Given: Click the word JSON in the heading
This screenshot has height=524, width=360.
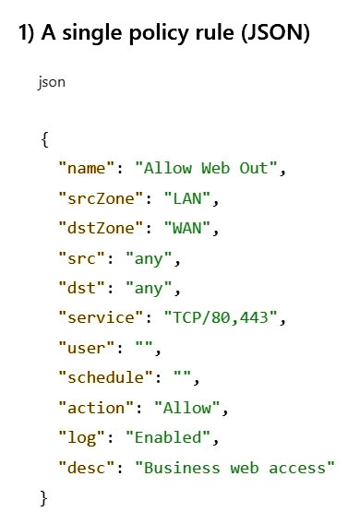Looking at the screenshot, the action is coord(275,33).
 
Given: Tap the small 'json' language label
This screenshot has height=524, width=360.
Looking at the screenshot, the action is coord(52,82).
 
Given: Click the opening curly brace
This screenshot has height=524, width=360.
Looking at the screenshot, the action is coord(45,139).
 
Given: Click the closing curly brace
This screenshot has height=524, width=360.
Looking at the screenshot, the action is coord(43,498).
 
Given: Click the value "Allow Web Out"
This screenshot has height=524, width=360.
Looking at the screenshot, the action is coord(206,168).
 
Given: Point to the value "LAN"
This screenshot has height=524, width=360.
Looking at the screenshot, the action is coord(187,198).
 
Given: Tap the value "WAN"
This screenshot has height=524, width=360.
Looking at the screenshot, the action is coord(187,228).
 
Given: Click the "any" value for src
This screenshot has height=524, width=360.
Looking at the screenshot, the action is coord(149,259).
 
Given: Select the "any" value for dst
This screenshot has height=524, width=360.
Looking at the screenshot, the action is coord(149,289).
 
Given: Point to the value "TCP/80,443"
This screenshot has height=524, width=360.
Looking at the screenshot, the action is coord(221,317).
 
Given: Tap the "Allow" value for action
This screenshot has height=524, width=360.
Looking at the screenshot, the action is coord(187,408).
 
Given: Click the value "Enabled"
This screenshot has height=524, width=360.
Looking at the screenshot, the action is coord(168,437).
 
